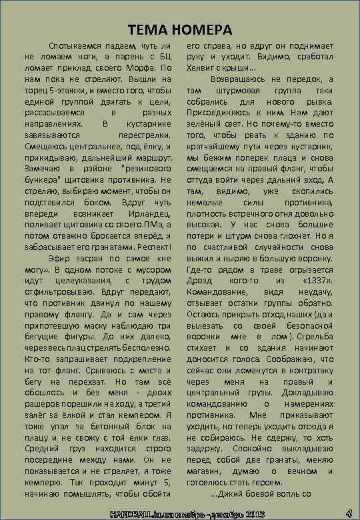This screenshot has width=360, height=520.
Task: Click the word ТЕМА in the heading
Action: click(x=147, y=30)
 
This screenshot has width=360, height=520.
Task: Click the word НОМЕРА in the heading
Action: click(x=201, y=30)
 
